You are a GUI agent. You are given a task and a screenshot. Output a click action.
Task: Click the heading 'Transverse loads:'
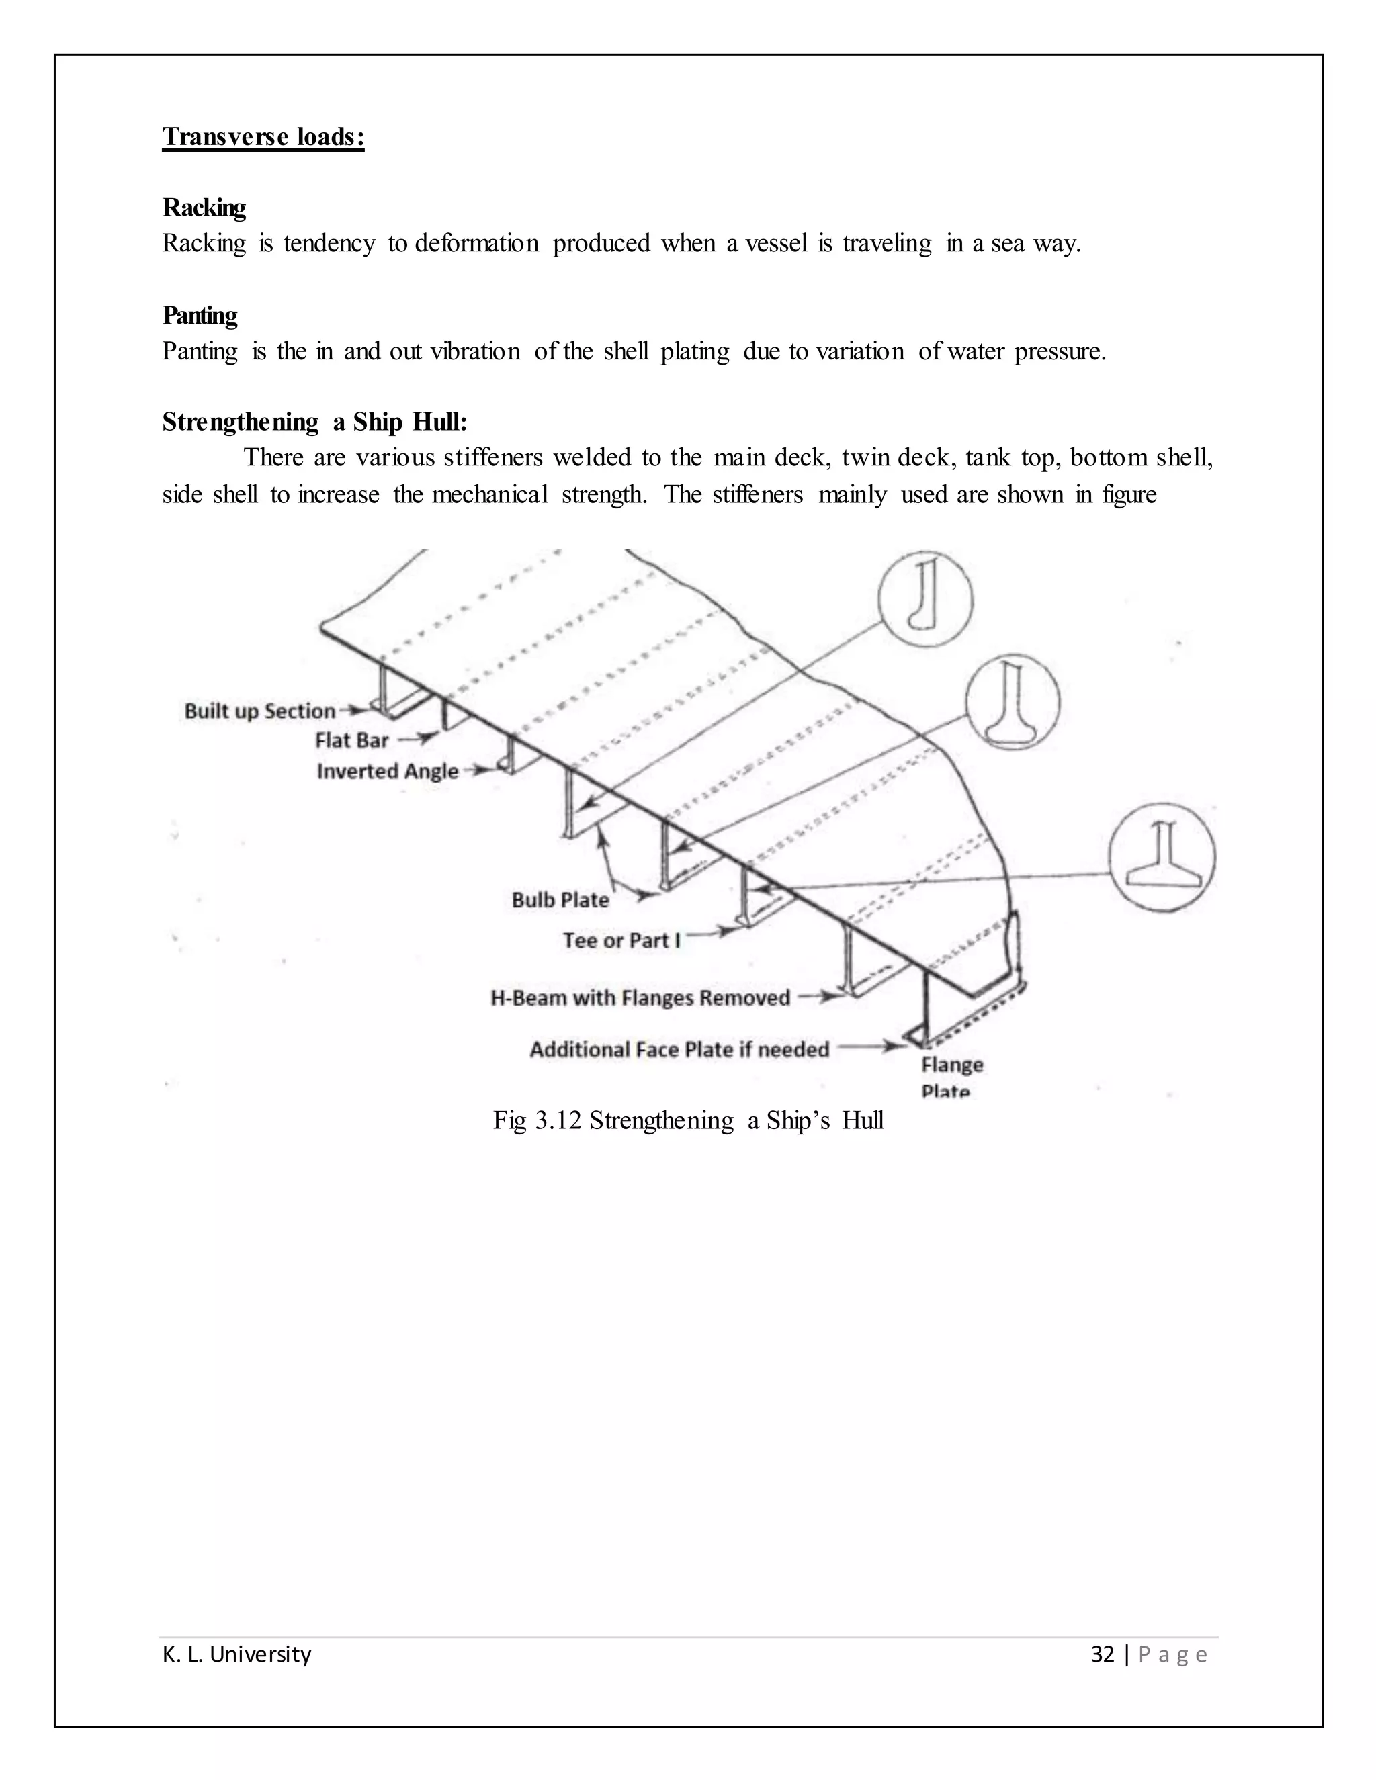point(263,137)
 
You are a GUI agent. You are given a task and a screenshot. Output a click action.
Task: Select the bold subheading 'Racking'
point(204,208)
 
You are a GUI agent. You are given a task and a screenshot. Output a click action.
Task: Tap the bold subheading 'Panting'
point(200,316)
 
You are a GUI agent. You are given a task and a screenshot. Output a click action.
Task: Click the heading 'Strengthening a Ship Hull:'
point(314,422)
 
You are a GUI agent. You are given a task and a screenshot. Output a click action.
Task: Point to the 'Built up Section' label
point(260,711)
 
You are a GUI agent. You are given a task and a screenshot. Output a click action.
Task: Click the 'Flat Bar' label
point(351,741)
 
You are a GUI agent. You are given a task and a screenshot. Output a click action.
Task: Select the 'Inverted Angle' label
point(387,772)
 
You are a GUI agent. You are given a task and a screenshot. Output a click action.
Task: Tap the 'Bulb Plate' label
point(560,901)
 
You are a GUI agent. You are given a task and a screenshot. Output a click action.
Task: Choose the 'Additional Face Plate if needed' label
point(679,1050)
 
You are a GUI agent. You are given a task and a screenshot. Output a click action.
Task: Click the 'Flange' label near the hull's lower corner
point(952,1065)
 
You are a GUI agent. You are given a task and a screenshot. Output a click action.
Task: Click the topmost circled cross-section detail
point(925,598)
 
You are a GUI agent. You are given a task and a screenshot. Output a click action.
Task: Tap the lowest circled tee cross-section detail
point(1162,856)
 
